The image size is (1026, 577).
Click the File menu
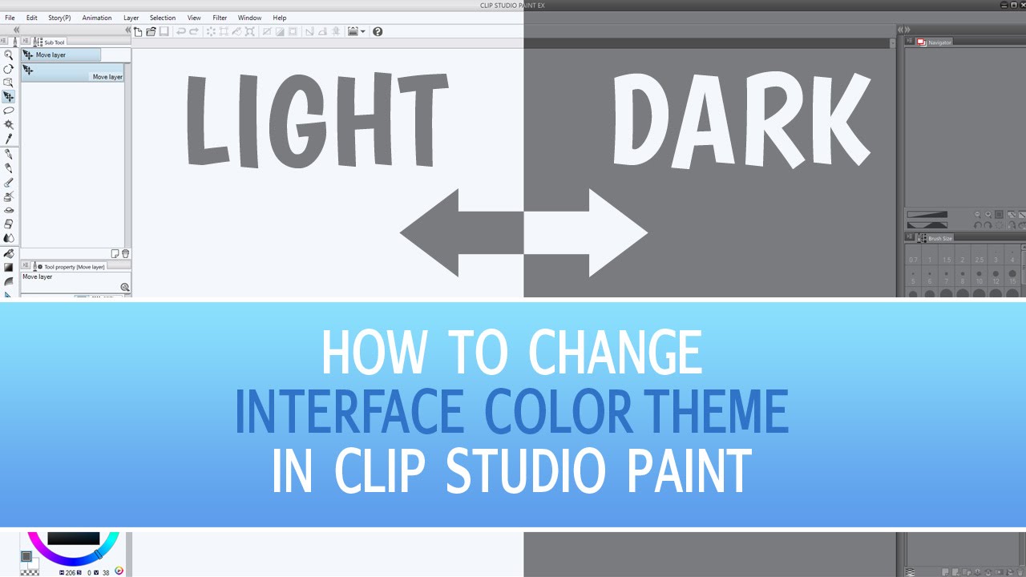pos(10,18)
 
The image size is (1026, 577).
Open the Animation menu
pos(97,18)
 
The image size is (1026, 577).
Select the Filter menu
pos(220,18)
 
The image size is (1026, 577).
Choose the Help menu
pos(279,18)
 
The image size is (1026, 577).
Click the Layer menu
pos(131,18)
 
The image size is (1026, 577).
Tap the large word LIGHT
pos(317,120)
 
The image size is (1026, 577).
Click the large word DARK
pos(741,120)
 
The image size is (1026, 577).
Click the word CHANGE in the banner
pos(615,353)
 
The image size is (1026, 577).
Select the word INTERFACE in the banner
pos(349,412)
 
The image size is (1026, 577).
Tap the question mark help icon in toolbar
pos(378,31)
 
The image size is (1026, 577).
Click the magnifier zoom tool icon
pos(8,55)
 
